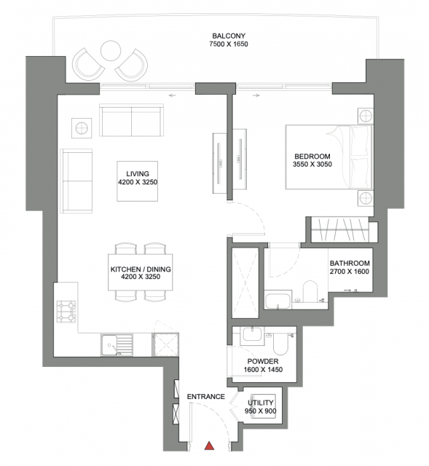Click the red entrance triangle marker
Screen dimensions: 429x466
pyautogui.click(x=210, y=446)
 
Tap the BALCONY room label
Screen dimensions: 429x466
pyautogui.click(x=229, y=36)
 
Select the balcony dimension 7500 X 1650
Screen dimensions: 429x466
pyautogui.click(x=229, y=44)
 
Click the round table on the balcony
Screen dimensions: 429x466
pyautogui.click(x=111, y=51)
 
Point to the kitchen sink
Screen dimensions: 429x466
pyautogui.click(x=117, y=345)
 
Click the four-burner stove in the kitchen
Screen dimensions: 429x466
pyautogui.click(x=66, y=312)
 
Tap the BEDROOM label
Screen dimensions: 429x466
pyautogui.click(x=312, y=157)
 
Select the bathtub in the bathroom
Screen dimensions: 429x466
pyautogui.click(x=278, y=301)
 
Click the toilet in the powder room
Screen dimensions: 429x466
pyautogui.click(x=280, y=344)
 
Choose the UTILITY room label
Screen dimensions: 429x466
pyautogui.click(x=261, y=403)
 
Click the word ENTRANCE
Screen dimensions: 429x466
pyautogui.click(x=205, y=397)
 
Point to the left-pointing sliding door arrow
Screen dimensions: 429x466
pyautogui.click(x=172, y=95)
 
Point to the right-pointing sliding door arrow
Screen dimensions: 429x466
pyautogui.click(x=256, y=95)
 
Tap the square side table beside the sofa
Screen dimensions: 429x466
pyautogui.click(x=82, y=128)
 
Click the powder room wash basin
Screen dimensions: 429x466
pyautogui.click(x=253, y=336)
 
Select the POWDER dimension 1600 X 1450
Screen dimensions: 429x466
pyautogui.click(x=263, y=370)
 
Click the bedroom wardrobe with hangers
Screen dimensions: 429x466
pyautogui.click(x=340, y=229)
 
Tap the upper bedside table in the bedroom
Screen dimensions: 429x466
pyautogui.click(x=365, y=115)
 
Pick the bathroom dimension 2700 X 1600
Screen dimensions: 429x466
pyautogui.click(x=350, y=272)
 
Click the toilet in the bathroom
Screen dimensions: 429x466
pyautogui.click(x=310, y=291)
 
